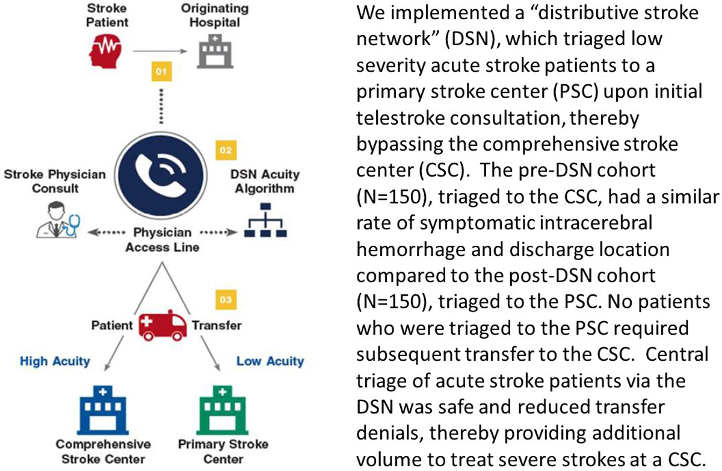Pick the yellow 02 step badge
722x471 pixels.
point(224,149)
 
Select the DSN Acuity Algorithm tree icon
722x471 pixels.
point(267,220)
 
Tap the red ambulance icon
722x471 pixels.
point(161,326)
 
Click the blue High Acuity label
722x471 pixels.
point(55,361)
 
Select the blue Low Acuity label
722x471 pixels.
point(270,361)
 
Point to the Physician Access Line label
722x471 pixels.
point(162,239)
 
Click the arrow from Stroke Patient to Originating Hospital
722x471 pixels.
point(159,51)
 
